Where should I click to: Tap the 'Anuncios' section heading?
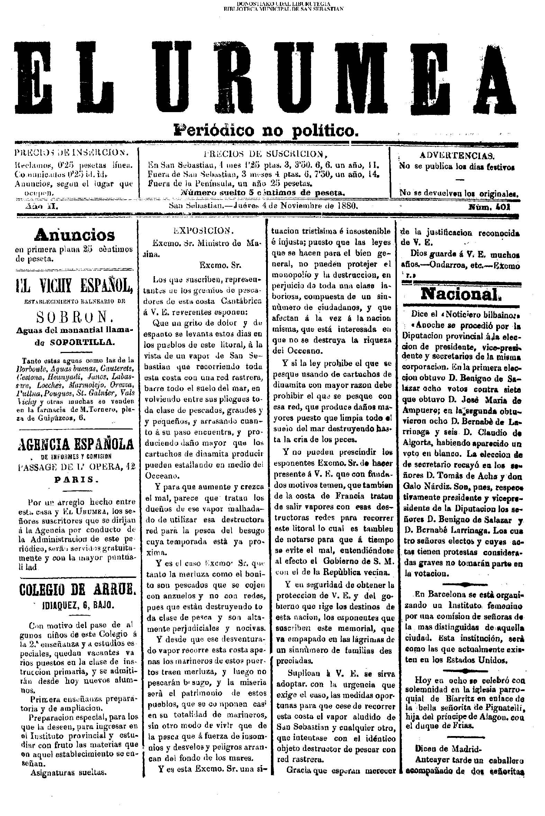[x=74, y=235]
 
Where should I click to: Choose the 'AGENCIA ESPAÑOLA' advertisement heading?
[x=75, y=444]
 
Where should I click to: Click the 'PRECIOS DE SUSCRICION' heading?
[x=264, y=154]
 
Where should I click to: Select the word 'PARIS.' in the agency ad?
[x=75, y=479]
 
